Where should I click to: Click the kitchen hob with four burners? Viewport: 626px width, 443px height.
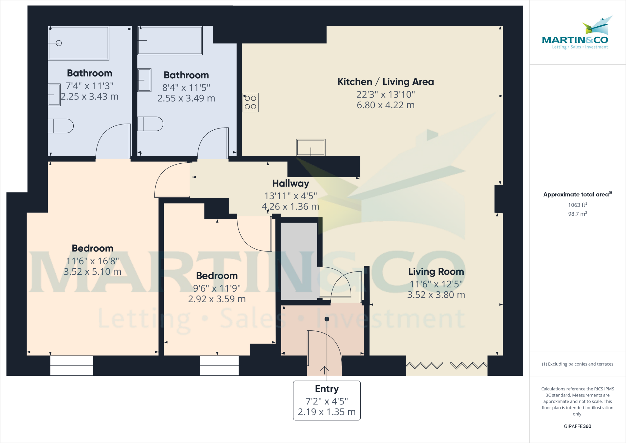(x=250, y=102)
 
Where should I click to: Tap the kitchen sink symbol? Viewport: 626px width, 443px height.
(x=311, y=147)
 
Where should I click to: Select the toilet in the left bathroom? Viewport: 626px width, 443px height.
(x=61, y=126)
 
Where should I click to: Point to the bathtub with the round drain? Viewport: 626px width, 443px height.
(x=79, y=43)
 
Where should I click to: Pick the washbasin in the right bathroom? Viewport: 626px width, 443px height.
(x=144, y=80)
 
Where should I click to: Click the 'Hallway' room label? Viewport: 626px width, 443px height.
(x=290, y=183)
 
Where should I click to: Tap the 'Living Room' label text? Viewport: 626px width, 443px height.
(x=436, y=271)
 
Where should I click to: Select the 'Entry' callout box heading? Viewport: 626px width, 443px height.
(x=327, y=389)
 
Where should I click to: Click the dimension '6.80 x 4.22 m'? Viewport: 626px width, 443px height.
(x=385, y=105)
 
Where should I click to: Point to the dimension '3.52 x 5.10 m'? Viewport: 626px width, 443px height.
(x=92, y=271)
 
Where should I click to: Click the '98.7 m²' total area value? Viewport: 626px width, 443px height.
(x=577, y=214)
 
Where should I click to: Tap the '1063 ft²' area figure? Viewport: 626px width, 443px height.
(x=577, y=205)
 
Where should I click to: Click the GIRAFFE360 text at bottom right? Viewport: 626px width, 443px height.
(x=577, y=426)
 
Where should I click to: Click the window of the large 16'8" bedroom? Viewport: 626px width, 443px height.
(x=72, y=365)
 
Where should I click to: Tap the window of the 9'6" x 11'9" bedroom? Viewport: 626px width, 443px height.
(x=219, y=365)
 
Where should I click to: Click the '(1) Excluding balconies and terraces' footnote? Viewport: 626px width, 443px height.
(x=577, y=364)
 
